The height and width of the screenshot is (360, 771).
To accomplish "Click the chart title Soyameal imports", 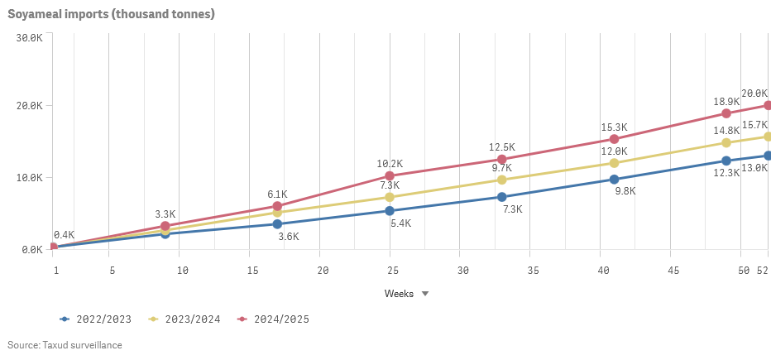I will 111,14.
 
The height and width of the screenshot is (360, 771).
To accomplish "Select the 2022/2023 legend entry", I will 98,319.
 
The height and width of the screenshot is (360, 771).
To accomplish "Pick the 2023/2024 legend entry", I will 187,319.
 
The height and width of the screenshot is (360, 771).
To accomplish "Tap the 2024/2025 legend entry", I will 275,319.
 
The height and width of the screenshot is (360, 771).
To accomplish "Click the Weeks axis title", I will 399,294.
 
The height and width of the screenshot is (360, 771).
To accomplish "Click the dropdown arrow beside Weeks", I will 425,294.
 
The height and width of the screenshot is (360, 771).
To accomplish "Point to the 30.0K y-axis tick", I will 28,37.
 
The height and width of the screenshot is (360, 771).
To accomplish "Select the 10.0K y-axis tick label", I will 28,178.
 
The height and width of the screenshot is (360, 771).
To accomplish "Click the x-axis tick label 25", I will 393,271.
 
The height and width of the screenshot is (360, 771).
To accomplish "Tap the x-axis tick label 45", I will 673,271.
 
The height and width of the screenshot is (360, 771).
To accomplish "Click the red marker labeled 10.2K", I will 390,175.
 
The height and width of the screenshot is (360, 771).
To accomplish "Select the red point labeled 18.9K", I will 726,113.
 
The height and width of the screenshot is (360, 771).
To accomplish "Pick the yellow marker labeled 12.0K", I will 614,163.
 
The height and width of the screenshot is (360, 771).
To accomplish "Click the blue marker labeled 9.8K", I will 614,179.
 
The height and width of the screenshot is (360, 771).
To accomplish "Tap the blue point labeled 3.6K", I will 277,223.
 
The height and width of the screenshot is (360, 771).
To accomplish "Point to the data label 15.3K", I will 614,127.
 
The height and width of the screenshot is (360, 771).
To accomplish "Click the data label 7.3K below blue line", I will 513,209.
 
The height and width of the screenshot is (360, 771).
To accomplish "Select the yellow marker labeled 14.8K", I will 726,142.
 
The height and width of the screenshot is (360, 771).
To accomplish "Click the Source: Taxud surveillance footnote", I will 65,345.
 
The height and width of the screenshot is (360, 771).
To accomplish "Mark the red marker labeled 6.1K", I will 277,206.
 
